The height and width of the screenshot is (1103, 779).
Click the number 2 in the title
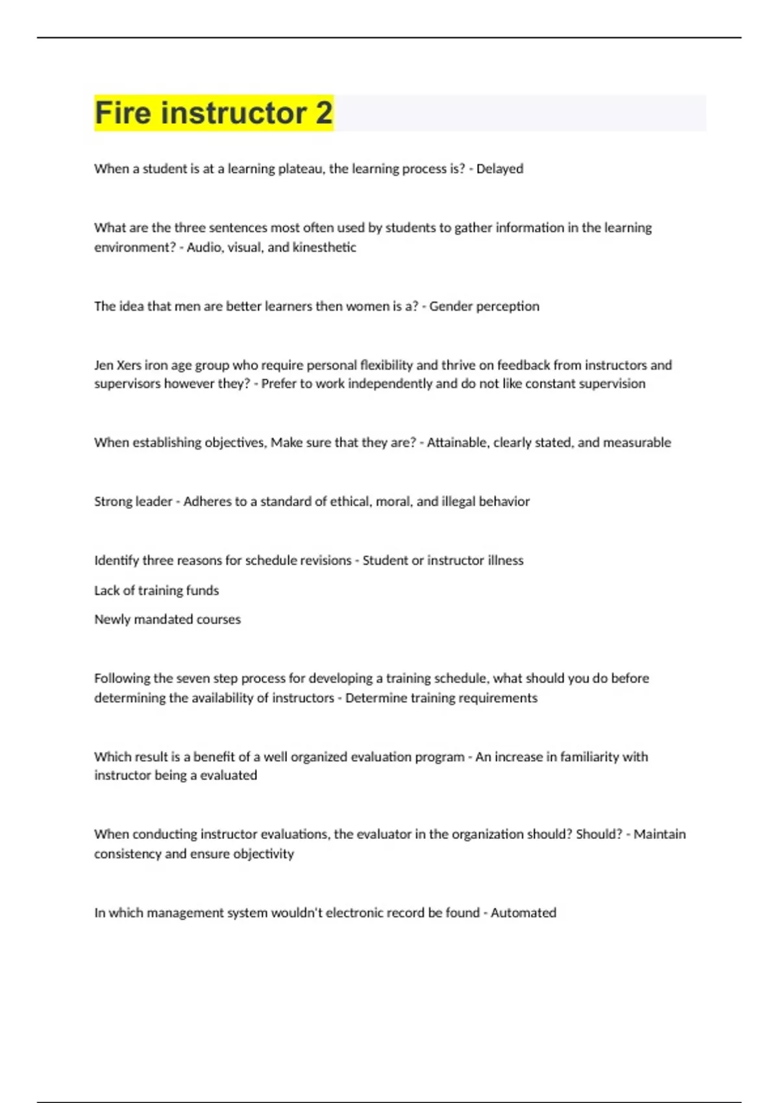coord(324,113)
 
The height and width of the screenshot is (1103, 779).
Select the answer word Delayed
coord(500,169)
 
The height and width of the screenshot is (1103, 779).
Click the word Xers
coord(129,365)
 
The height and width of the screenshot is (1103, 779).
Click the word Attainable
coord(458,442)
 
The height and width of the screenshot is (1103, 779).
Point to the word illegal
coord(458,502)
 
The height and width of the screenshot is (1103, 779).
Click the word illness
coord(505,561)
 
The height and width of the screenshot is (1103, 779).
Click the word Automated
coord(523,913)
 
